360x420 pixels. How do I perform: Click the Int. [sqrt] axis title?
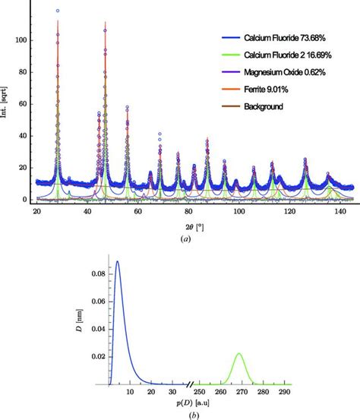[x=8, y=103]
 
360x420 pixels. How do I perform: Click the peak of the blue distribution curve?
[x=117, y=262]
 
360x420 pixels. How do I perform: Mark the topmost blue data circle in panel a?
[x=58, y=11]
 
